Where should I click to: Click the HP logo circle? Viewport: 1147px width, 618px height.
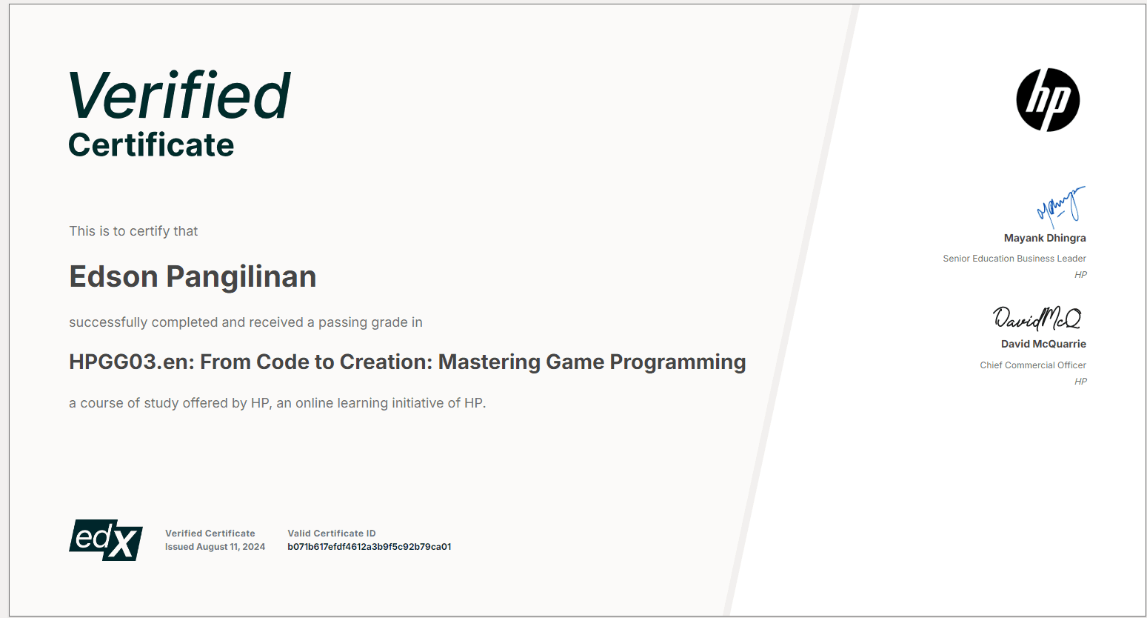coord(1048,100)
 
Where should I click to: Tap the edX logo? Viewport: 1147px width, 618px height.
coord(106,539)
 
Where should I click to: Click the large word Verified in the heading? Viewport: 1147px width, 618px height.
coord(180,96)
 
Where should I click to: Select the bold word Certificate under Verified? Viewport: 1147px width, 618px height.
coord(151,145)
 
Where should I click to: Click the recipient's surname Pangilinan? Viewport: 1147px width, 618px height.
coord(241,276)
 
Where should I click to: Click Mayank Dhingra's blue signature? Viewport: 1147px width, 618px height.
coord(1060,205)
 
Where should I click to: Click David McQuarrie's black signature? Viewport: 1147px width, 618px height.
coord(1037,318)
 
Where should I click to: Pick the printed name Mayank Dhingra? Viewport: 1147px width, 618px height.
coord(1045,238)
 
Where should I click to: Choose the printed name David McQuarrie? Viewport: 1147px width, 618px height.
coord(1043,344)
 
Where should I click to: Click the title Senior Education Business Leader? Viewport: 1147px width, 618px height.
coord(1014,259)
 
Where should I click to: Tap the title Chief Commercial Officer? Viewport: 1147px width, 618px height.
coord(1032,365)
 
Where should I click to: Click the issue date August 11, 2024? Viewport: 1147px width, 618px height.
coord(230,547)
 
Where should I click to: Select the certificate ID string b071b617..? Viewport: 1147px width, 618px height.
coord(369,547)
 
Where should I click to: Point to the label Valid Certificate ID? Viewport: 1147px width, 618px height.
coord(332,534)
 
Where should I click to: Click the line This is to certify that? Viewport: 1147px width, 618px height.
coord(133,231)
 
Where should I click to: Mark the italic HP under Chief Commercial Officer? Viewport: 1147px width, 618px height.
coord(1080,382)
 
